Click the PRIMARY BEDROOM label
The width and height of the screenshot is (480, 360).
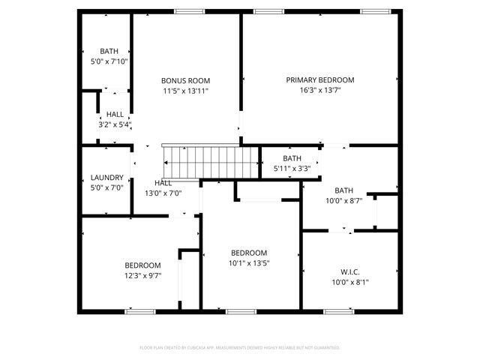(319, 79)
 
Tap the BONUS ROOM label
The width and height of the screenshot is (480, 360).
(185, 80)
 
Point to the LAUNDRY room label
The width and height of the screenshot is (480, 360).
(106, 178)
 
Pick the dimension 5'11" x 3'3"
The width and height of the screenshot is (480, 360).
(292, 169)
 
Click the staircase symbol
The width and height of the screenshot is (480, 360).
(210, 160)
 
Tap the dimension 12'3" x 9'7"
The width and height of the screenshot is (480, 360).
(142, 275)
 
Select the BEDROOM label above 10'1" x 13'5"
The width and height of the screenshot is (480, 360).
(248, 253)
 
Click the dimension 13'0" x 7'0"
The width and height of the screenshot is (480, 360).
(163, 193)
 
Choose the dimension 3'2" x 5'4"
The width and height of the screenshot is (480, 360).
(115, 124)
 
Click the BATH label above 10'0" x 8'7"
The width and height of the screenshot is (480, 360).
(343, 190)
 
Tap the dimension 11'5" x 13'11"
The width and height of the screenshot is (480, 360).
(185, 91)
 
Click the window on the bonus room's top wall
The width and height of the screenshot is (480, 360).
(184, 11)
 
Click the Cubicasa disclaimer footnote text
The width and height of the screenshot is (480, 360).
(240, 348)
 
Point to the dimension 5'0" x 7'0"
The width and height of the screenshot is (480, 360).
(106, 187)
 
